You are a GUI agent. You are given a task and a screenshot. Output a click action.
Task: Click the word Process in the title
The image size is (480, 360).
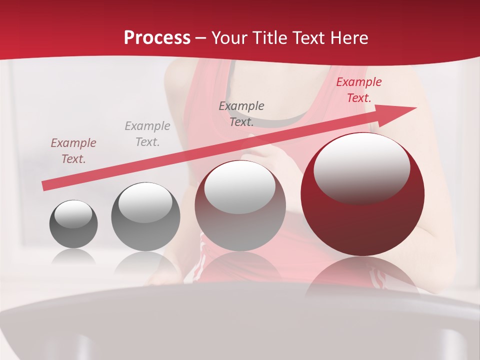pos(157,38)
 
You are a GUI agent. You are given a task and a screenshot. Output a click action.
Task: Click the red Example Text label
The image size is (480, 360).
pos(358,90)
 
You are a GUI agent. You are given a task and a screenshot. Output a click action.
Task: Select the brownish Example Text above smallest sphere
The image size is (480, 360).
pos(73,151)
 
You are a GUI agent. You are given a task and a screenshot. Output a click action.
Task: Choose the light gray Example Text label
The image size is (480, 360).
pos(147,134)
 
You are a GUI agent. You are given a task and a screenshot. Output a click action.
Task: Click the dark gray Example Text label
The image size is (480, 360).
pos(241,113)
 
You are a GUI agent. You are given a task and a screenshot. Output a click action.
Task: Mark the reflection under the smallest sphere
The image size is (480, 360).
pos(73,257)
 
